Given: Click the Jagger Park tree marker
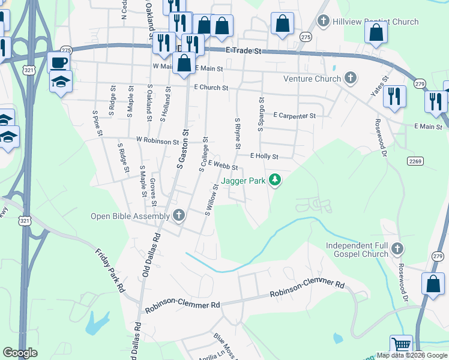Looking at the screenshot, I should tap(275, 180).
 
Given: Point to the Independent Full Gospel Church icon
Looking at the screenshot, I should tap(397, 249).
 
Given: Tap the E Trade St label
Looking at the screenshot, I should tap(245, 52).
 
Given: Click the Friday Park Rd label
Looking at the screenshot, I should tap(109, 269).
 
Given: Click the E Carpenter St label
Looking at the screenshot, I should tap(294, 115).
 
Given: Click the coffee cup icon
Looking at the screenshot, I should tap(58, 63).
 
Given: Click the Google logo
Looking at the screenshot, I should tap(20, 353).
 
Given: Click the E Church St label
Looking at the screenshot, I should tap(211, 88).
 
